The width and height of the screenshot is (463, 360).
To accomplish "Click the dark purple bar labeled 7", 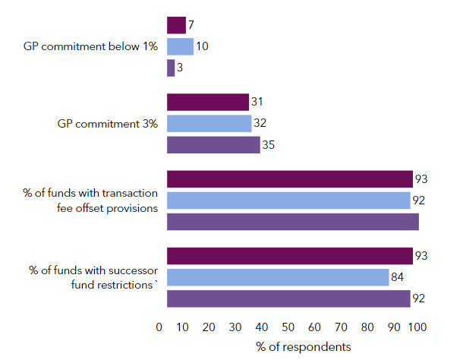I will click(176, 25).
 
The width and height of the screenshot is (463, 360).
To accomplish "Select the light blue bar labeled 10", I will click(180, 46).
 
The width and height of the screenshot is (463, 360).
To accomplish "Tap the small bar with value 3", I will click(171, 68).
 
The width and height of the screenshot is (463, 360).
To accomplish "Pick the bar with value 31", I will click(208, 102).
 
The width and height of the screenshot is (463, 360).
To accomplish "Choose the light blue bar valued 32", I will click(209, 123).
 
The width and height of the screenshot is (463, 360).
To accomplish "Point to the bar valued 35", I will click(213, 144).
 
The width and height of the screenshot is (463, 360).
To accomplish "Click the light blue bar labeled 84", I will click(278, 277).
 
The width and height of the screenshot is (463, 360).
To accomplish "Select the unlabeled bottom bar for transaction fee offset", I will click(293, 222).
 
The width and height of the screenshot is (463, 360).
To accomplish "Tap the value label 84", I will click(398, 277).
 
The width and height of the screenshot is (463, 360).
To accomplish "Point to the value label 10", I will click(202, 46).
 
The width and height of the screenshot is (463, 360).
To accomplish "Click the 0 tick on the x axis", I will click(159, 327).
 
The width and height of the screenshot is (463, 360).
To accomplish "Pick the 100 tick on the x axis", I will click(418, 327).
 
